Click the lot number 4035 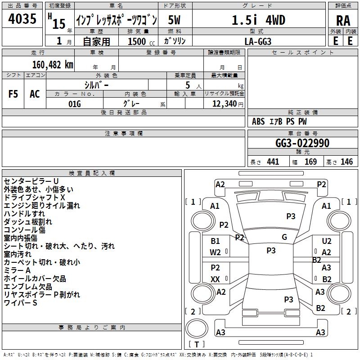click(22, 18)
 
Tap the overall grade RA click(343, 21)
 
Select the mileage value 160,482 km click(53, 65)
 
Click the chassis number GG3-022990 click(302, 143)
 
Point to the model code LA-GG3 click(258, 41)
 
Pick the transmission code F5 click(13, 94)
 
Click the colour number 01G click(75, 104)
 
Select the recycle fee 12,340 click(225, 104)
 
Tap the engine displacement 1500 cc click(141, 41)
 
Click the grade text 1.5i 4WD click(258, 20)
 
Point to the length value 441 click(273, 162)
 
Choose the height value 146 click(346, 162)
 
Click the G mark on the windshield click(284, 237)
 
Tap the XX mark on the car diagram click(215, 279)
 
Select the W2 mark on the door click(215, 252)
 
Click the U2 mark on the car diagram click(327, 241)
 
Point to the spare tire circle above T click(197, 329)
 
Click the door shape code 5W click(174, 20)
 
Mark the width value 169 click(310, 162)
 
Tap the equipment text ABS click(258, 121)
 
